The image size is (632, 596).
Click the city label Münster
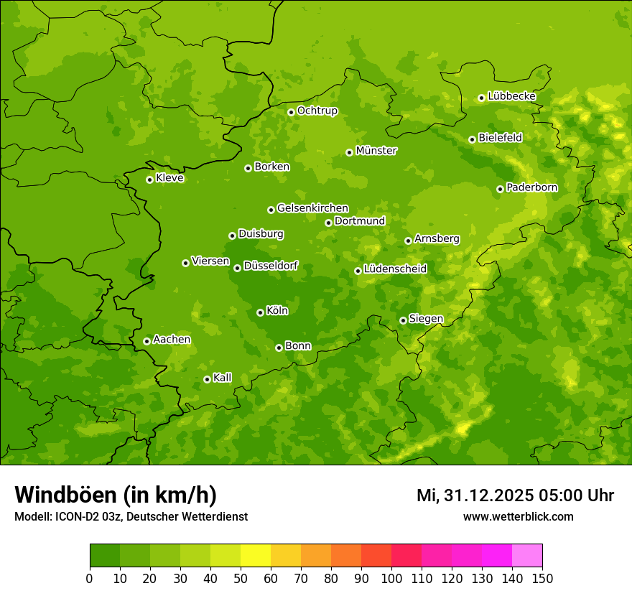[376, 151]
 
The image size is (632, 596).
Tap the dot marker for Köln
[260, 312]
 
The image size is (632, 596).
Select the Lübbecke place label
[511, 96]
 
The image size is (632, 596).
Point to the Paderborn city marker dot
[500, 189]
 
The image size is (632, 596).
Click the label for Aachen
[172, 340]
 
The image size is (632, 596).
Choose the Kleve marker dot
[149, 180]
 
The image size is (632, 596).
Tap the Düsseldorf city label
[271, 266]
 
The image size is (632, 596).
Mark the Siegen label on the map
[426, 319]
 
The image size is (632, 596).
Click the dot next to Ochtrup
[291, 112]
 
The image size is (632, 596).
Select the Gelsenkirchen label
[312, 208]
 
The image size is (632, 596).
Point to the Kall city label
[223, 378]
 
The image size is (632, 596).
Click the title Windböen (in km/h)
[116, 495]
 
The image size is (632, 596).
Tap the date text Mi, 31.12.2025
[475, 495]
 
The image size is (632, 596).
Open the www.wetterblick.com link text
[519, 516]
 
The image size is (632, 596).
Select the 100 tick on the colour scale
[391, 578]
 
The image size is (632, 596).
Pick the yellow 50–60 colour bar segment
[256, 556]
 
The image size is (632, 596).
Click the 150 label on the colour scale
[542, 578]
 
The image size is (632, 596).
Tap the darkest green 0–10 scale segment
[105, 556]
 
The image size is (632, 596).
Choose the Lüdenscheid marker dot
[358, 271]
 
